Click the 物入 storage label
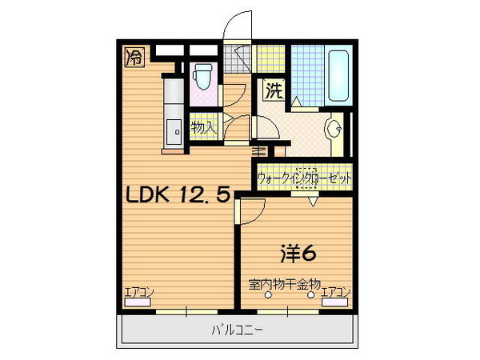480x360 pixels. coord(203,126)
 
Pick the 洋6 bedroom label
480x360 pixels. coord(298,253)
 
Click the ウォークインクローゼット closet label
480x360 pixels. coord(305,178)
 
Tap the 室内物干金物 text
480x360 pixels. coord(284,283)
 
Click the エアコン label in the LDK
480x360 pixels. coord(138,293)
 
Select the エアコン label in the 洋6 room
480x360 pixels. coord(336,293)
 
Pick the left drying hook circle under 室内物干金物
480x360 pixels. coord(269,294)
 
